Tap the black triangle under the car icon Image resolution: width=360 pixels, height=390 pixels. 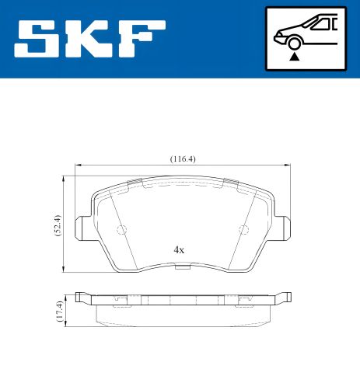click(294, 56)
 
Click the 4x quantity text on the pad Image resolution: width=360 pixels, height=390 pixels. click(179, 250)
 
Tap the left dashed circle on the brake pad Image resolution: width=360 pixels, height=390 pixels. click(121, 229)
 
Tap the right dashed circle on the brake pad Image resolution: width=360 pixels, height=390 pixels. click(243, 229)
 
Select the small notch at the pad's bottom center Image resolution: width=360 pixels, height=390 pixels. click(182, 269)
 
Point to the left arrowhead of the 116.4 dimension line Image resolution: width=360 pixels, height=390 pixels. click(78, 165)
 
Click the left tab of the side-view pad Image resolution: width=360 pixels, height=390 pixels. click(82, 297)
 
